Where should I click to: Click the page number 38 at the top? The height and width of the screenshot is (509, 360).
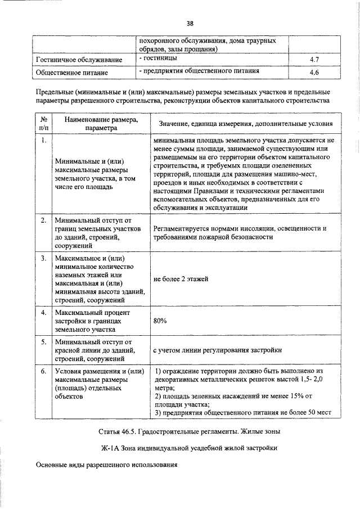click(190, 23)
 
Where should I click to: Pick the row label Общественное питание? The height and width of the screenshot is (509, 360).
click(67, 73)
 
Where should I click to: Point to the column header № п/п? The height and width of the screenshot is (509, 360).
click(43, 124)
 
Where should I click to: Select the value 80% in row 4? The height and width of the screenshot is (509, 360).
click(160, 321)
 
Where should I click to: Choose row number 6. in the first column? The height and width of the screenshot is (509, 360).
click(43, 371)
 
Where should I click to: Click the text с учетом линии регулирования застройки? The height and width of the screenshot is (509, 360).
click(218, 350)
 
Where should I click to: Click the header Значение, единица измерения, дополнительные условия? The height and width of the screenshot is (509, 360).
click(245, 124)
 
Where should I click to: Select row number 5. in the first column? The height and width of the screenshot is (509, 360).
click(43, 342)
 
